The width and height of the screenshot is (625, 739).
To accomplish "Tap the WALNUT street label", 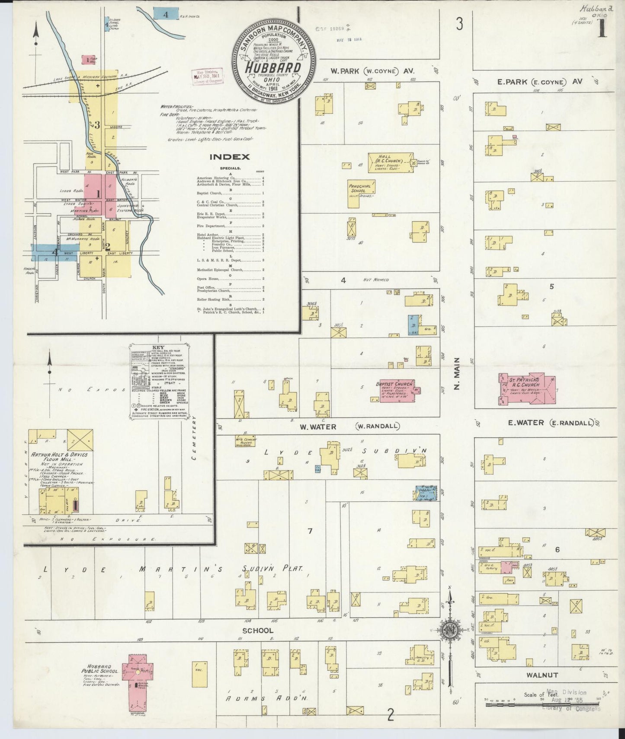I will pyautogui.click(x=542, y=675).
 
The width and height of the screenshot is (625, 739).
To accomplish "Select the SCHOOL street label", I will pyautogui.click(x=257, y=631).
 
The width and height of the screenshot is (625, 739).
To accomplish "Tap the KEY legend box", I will pyautogui.click(x=158, y=380).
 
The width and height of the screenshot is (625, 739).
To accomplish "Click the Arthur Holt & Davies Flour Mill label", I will pyautogui.click(x=59, y=458).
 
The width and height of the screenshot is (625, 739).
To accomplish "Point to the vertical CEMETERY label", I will pyautogui.click(x=194, y=437).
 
